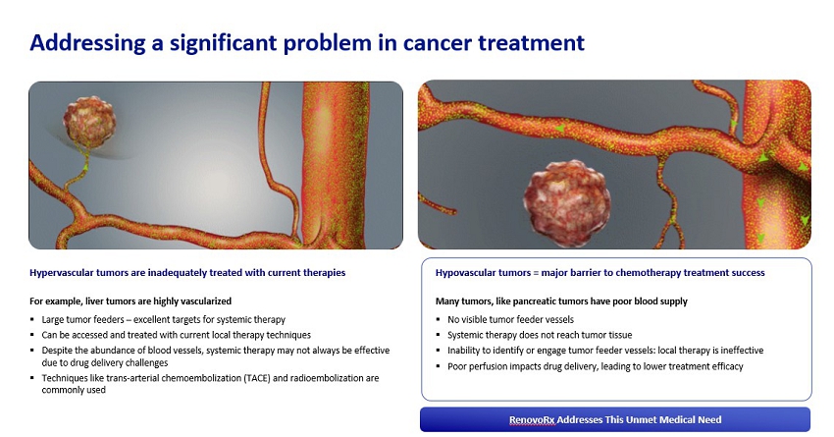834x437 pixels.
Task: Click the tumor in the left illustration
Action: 89,122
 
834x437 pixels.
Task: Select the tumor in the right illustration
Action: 567,204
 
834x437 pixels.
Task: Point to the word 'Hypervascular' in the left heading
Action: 62,273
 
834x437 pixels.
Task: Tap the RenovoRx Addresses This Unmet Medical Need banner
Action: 615,419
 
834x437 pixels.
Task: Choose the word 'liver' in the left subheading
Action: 94,301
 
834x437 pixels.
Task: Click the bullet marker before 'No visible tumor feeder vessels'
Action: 438,319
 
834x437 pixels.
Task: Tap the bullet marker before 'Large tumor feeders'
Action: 32,319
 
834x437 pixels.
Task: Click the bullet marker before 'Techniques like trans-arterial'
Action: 32,378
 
